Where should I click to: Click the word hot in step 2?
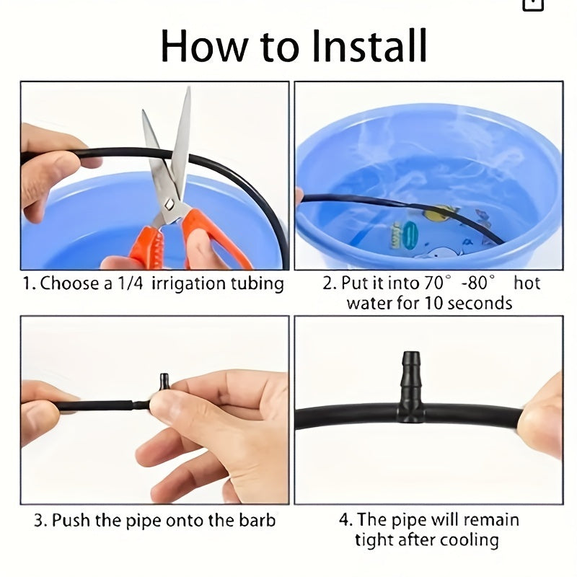click(x=527, y=283)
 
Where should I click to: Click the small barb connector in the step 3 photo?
click(x=164, y=383)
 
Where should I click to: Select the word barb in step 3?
click(x=257, y=520)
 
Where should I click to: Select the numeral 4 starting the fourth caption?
click(x=344, y=520)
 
